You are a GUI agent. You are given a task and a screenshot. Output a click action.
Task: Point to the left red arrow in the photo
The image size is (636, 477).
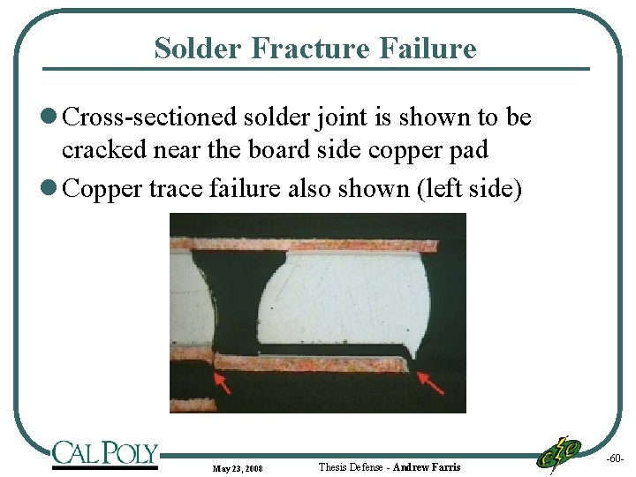221,382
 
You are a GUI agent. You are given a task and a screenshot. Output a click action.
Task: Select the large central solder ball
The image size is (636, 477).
344,300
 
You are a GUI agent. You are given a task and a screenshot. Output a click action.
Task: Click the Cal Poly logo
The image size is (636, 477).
105,455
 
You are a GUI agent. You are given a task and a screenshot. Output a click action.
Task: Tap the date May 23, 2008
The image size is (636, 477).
238,467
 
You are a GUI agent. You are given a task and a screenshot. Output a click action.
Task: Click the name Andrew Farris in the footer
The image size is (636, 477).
427,466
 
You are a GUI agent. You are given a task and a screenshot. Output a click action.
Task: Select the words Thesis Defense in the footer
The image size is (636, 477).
350,466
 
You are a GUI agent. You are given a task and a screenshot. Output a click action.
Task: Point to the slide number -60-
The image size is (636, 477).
615,459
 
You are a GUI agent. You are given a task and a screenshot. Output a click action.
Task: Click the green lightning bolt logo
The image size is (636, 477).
559,454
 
